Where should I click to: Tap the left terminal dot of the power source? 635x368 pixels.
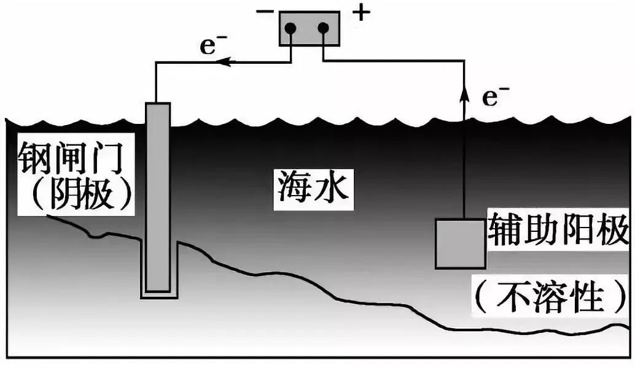coord(292,28)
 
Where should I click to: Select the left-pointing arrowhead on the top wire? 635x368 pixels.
coord(225,61)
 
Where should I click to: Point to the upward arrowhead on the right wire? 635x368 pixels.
coord(464,94)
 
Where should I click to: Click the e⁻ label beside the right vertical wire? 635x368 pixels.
coord(494,98)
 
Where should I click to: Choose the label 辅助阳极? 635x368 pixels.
coord(558,230)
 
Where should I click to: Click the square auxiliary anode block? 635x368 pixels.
coord(460,243)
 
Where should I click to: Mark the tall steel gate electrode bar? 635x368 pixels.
coord(157,196)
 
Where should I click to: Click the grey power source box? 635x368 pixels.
coord(309,29)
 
